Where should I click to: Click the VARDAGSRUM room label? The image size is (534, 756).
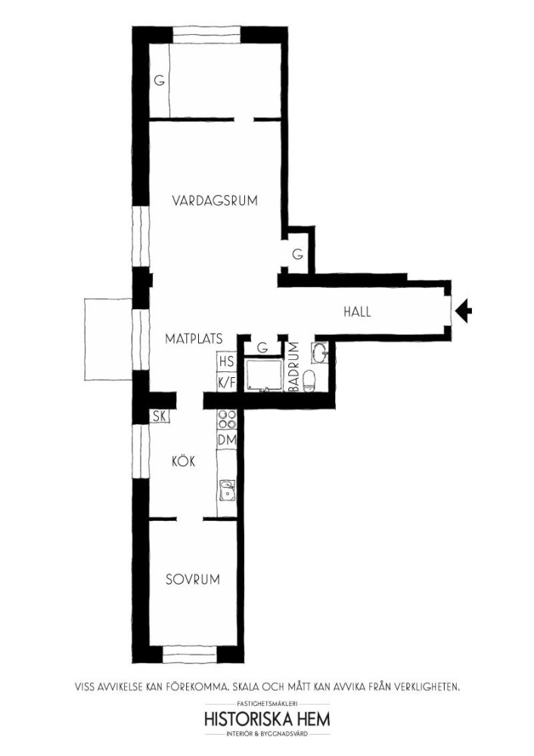(x=215, y=200)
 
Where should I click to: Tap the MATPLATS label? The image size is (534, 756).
(x=194, y=339)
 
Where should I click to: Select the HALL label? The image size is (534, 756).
(x=358, y=311)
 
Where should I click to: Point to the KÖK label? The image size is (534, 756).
(x=184, y=461)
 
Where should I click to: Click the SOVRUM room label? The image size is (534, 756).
(x=193, y=579)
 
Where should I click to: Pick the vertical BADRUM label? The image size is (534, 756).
(x=295, y=365)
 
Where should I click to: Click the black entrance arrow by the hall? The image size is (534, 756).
(x=464, y=310)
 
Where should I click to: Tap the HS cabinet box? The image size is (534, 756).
(x=227, y=361)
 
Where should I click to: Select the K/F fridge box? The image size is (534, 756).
(x=227, y=382)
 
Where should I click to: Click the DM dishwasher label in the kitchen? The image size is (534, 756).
(x=227, y=440)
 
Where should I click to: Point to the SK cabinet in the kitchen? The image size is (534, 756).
(x=159, y=416)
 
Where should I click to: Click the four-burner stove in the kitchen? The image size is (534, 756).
(x=227, y=420)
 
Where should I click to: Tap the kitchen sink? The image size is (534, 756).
(x=226, y=491)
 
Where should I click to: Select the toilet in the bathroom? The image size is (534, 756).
(x=309, y=380)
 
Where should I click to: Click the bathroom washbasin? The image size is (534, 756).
(x=320, y=352)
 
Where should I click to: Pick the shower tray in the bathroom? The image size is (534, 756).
(x=263, y=373)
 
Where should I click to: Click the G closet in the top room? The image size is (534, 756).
(x=159, y=81)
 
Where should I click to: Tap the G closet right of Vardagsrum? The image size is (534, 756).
(x=297, y=253)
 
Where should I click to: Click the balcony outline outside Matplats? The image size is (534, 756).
(x=108, y=339)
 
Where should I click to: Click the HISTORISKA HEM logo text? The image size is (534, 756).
(x=268, y=719)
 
